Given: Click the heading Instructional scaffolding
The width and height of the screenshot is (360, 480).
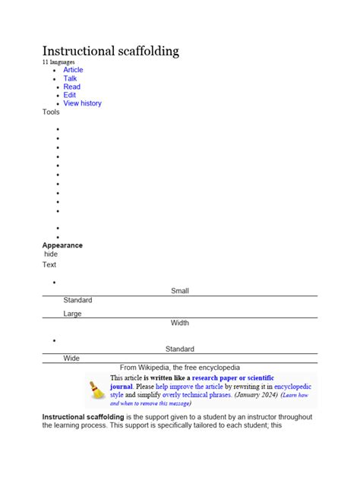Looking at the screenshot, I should (x=110, y=51).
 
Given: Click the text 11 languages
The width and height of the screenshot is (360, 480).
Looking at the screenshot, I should (x=60, y=62).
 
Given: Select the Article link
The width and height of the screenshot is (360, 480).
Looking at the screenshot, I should (x=73, y=70).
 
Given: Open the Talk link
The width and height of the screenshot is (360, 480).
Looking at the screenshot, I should (x=70, y=78).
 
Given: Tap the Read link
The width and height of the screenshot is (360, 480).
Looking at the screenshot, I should (x=71, y=87).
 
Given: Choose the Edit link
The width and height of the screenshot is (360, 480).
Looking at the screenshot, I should (x=70, y=95).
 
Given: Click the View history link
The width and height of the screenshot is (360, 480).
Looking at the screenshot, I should (x=82, y=103).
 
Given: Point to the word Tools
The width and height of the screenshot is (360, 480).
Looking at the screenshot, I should (x=51, y=112).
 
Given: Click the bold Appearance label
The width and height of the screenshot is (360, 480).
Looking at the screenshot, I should (x=62, y=245).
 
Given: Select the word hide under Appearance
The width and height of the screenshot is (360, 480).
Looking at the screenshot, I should (x=51, y=254).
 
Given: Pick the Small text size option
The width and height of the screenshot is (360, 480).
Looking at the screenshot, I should (x=180, y=291).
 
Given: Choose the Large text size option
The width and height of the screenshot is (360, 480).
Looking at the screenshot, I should (x=72, y=314).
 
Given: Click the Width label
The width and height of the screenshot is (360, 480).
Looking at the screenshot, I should (x=180, y=323).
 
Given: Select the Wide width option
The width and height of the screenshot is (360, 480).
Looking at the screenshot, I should (x=71, y=358).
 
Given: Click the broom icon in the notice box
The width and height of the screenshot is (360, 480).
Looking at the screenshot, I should (x=97, y=390).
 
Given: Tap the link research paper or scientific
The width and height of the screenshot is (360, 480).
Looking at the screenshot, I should (x=233, y=377).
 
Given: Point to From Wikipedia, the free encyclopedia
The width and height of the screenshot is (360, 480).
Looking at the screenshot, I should (x=180, y=368).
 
